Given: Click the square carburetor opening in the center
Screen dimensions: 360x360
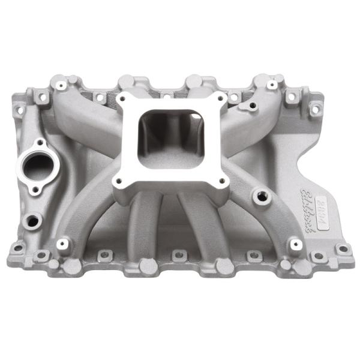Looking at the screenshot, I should tap(172, 133).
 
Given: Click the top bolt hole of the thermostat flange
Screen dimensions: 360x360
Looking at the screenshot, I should tap(41, 143).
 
